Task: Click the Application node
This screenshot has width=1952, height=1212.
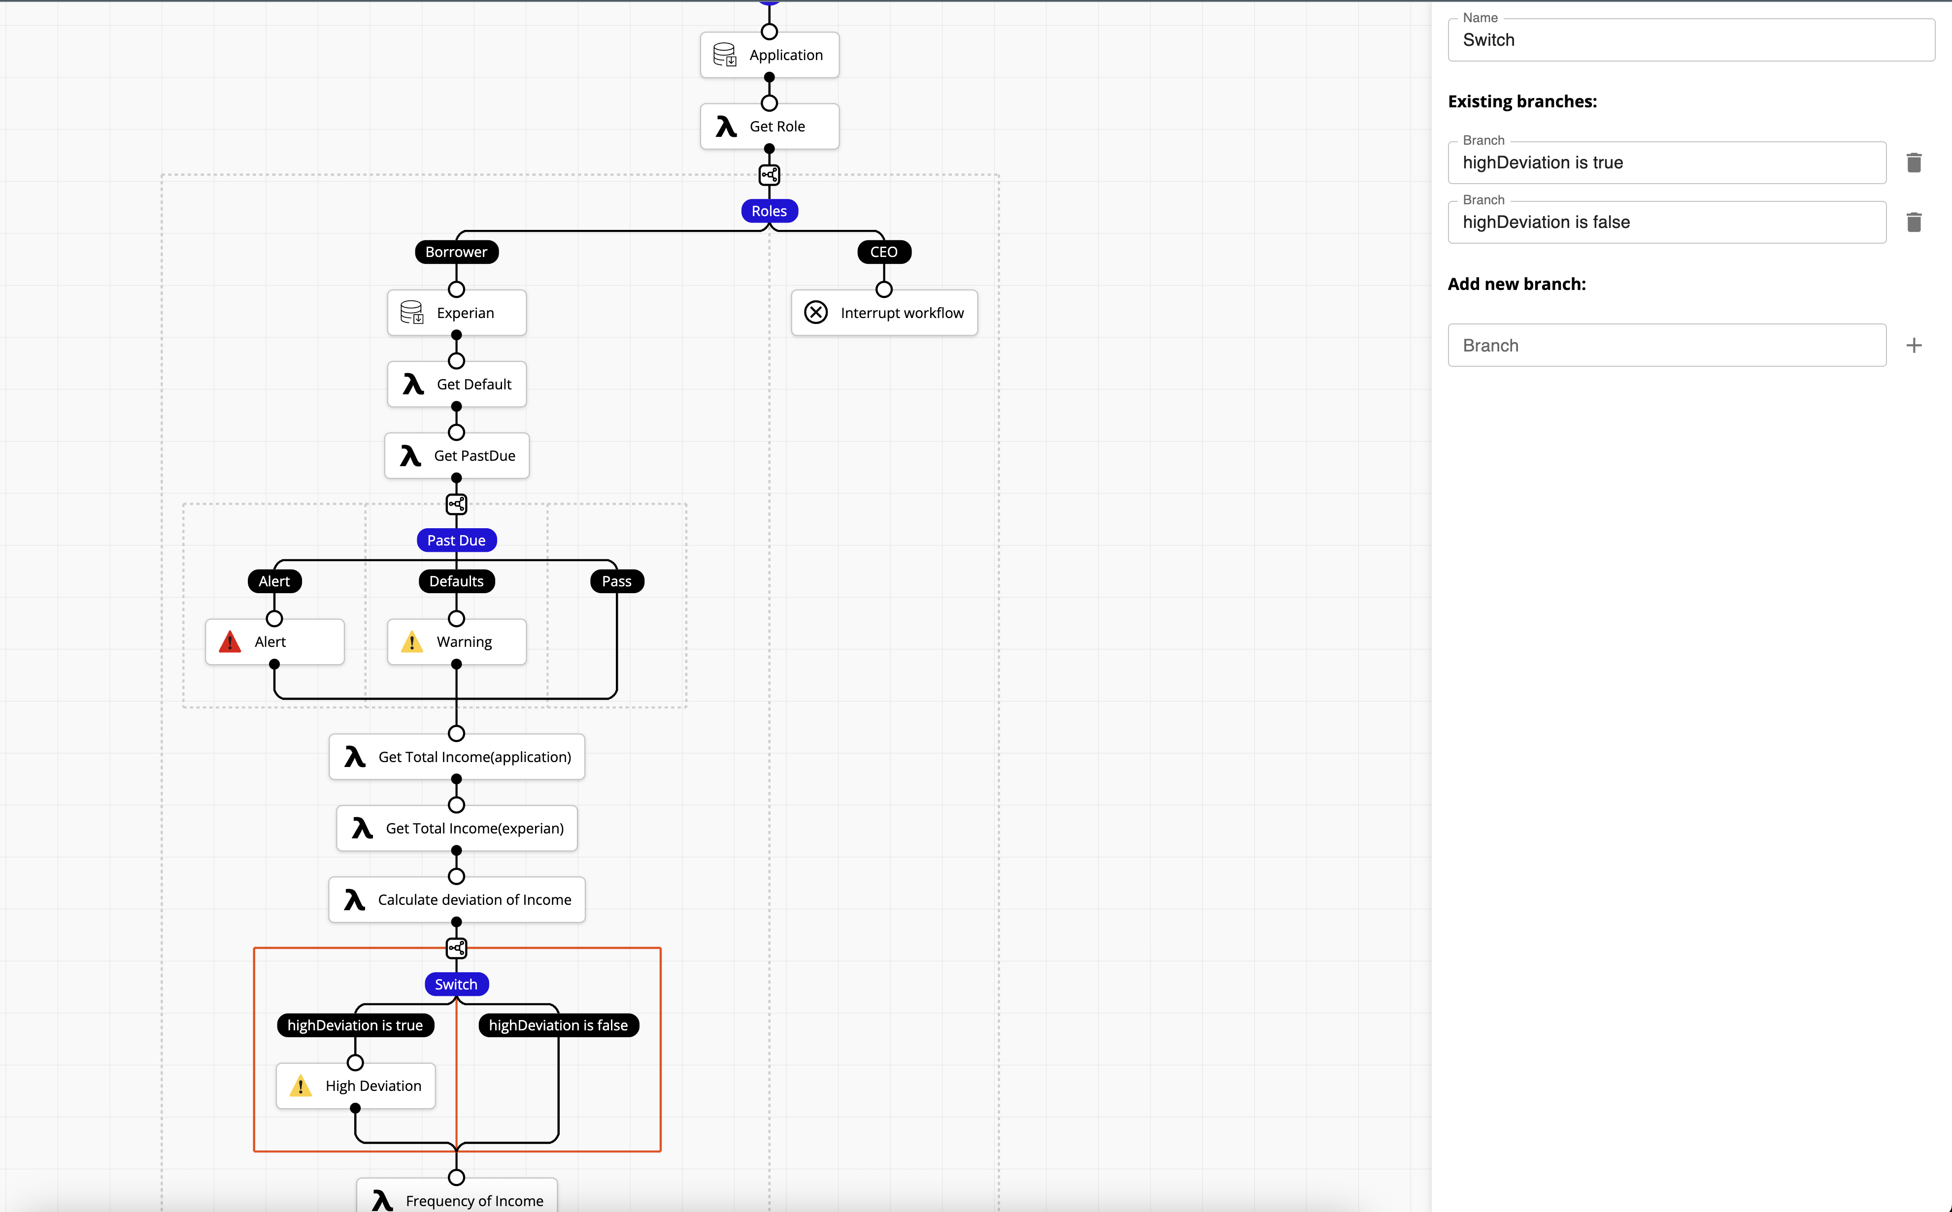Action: coord(769,55)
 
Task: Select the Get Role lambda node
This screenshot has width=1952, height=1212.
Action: coord(769,127)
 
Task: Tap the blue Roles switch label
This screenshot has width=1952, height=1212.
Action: coord(769,211)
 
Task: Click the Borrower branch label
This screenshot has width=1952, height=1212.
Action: coord(456,252)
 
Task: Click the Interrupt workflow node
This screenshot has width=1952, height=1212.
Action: coord(884,313)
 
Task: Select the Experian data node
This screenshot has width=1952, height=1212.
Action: coord(456,313)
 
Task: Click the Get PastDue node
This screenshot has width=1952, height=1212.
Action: coord(456,455)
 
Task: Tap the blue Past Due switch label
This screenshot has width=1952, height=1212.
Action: coord(456,540)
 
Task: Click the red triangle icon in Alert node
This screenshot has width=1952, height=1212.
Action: coord(230,642)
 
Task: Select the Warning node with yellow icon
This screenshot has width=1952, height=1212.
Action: coord(456,642)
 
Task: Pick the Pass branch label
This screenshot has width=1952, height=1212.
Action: coord(617,581)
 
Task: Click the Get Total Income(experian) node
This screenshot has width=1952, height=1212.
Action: coord(456,828)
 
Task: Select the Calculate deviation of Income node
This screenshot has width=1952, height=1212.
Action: coord(456,899)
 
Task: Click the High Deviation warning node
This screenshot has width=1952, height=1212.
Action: coord(355,1086)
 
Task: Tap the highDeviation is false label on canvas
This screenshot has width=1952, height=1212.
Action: coord(558,1025)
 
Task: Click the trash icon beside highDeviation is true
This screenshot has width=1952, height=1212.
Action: coord(1914,163)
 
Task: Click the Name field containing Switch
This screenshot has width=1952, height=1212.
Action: coord(1690,40)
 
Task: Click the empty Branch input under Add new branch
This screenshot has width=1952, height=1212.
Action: coord(1667,346)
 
